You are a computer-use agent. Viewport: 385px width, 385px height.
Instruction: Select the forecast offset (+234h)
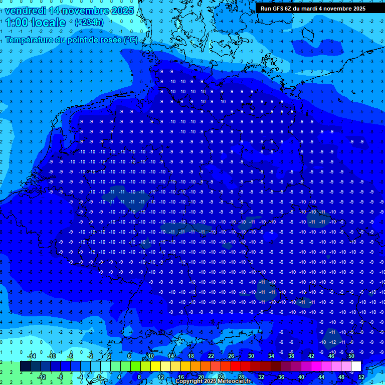tap(89, 22)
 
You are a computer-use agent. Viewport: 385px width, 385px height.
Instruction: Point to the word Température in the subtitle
tap(28, 40)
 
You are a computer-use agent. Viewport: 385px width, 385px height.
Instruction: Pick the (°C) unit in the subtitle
tap(130, 40)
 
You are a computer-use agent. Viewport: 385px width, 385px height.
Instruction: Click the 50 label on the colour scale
tap(351, 356)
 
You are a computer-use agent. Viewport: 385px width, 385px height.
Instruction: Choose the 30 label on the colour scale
tap(251, 356)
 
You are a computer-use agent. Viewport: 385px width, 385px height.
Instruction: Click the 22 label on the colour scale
tap(211, 356)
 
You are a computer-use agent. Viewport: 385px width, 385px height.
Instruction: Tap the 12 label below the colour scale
tap(161, 377)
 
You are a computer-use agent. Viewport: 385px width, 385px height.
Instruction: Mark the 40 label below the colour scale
tap(301, 377)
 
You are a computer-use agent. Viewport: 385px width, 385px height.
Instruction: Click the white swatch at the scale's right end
tap(356, 366)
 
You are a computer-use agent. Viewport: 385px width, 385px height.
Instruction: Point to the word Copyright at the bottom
tap(189, 381)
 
